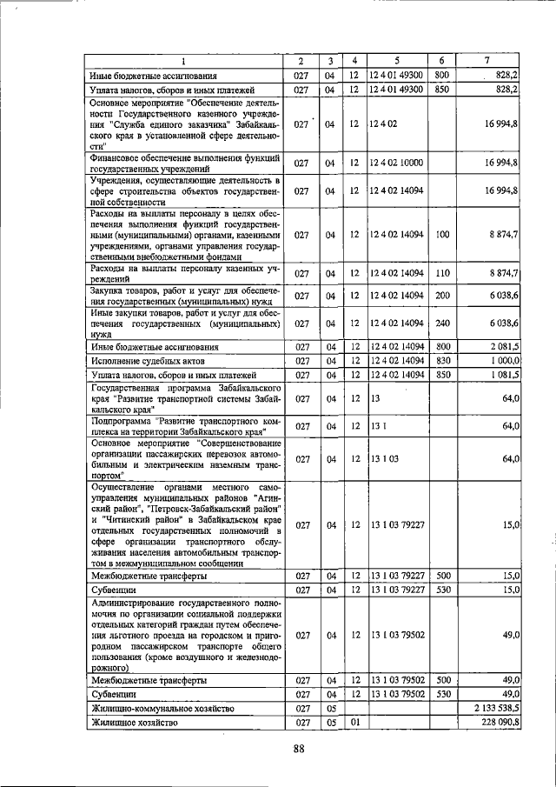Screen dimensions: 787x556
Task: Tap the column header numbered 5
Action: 396,61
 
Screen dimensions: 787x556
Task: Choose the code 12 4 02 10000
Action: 395,163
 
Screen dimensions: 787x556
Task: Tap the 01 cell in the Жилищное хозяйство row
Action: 354,724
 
